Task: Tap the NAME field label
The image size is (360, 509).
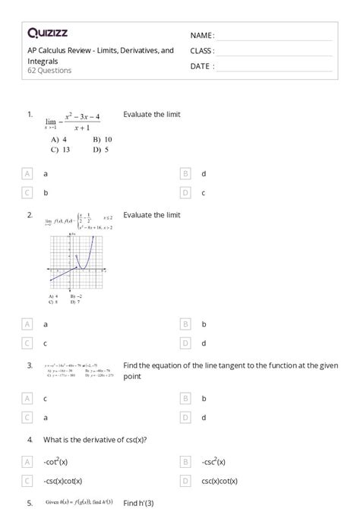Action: coord(201,35)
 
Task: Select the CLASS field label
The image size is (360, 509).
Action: coord(202,51)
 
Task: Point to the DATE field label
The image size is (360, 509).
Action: coord(201,66)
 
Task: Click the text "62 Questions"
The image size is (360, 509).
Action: coord(49,71)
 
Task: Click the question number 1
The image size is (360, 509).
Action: coord(30,114)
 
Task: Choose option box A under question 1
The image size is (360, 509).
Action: coord(28,174)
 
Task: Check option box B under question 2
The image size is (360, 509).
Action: coord(185,324)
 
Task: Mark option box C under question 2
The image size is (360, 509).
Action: coord(28,343)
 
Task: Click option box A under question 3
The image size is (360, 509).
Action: coord(28,398)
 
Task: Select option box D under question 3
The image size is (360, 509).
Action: coord(185,417)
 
